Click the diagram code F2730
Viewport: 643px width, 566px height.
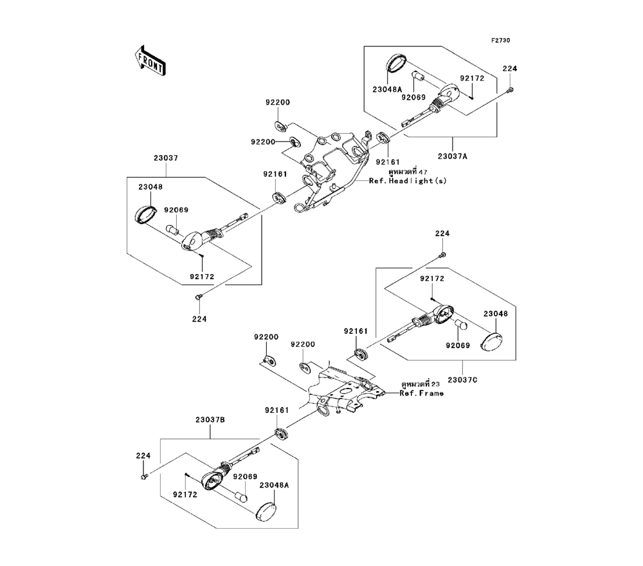click(x=500, y=41)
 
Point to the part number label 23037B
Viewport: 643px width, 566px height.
click(x=210, y=419)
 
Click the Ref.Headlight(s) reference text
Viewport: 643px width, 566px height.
click(x=408, y=181)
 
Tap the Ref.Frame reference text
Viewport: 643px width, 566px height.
click(x=422, y=393)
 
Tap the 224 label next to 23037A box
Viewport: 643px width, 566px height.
click(x=509, y=69)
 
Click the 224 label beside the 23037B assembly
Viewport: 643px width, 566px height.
click(x=143, y=455)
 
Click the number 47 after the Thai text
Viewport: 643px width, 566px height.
click(x=422, y=172)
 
